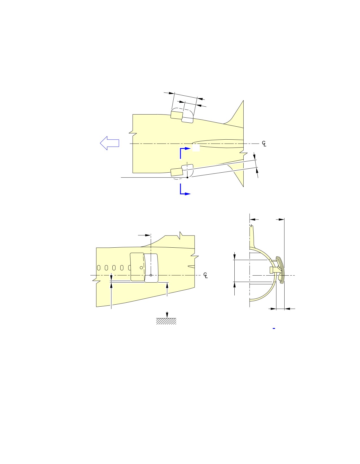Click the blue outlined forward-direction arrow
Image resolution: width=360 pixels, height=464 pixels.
(109, 143)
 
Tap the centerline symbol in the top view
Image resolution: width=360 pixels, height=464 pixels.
(264, 144)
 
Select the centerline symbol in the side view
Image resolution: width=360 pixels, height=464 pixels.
(205, 275)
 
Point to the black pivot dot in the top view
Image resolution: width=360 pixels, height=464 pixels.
(187, 177)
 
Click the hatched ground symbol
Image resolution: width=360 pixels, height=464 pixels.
(166, 321)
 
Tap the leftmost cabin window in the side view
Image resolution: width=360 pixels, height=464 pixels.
(99, 268)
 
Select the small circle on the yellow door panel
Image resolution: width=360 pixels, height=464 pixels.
(141, 268)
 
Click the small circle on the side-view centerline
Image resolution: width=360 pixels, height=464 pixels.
(151, 275)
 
